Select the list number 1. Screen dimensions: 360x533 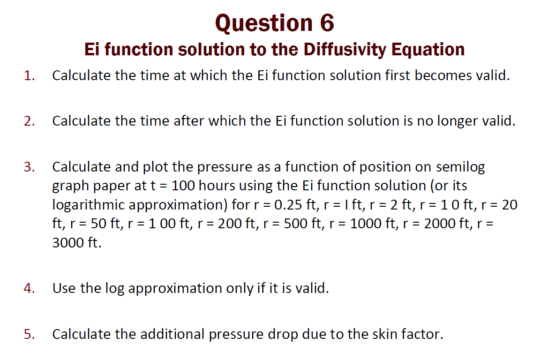click(30, 75)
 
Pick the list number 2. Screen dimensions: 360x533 click(30, 121)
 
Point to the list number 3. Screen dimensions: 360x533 click(30, 167)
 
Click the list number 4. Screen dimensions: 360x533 click(30, 288)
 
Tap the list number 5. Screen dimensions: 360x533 click(30, 334)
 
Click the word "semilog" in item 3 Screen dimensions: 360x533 click(460, 167)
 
